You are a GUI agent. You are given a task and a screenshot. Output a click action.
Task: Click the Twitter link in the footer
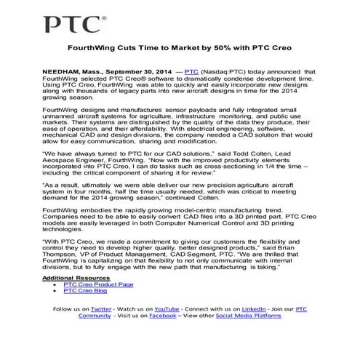pos(102,309)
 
